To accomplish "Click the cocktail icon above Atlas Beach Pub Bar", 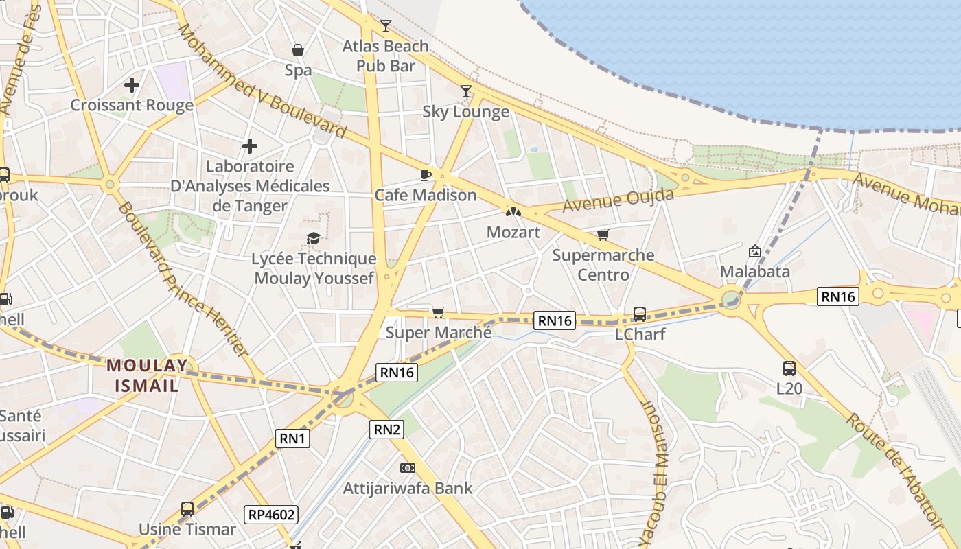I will [x=386, y=26].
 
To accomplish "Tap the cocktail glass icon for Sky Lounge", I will [x=466, y=91].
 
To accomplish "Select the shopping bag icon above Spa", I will [x=298, y=50].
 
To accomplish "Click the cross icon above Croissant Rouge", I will [x=132, y=85].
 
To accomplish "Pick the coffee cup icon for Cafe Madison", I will [x=426, y=175].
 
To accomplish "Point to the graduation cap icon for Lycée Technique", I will [x=313, y=238].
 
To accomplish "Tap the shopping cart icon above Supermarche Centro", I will [x=603, y=235].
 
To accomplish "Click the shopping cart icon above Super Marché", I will [x=438, y=313].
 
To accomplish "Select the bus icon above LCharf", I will [x=639, y=314].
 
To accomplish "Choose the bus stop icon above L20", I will [x=789, y=368].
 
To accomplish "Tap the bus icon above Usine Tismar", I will [x=187, y=509].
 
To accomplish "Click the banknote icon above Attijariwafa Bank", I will [x=407, y=468].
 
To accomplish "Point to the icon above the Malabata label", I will [x=755, y=251].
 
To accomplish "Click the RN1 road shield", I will [x=293, y=439].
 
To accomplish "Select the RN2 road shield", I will [x=387, y=430].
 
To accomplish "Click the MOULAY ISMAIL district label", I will [x=147, y=375].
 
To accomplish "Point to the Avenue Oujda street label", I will [x=618, y=200].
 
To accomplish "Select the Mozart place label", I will [x=513, y=232].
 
